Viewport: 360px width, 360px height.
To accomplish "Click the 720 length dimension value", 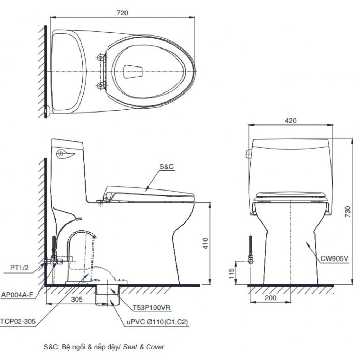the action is (x=122, y=13).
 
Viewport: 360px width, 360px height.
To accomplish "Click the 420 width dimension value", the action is (x=291, y=121).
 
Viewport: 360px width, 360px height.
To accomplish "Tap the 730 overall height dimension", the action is (x=348, y=211).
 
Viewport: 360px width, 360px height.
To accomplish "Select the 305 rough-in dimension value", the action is (x=77, y=300).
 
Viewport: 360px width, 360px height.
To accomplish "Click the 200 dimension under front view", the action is (x=270, y=298).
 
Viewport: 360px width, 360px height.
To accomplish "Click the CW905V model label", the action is (x=334, y=258).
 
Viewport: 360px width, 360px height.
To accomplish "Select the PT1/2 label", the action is (x=19, y=268).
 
